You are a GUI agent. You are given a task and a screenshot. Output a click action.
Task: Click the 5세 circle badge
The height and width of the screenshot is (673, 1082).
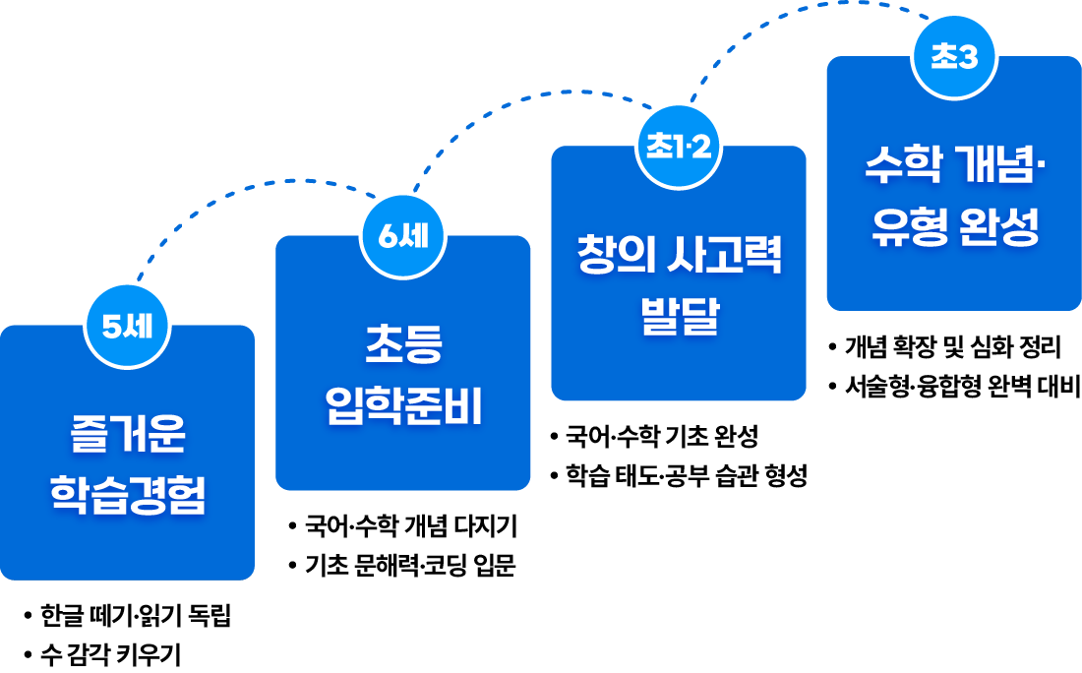127,327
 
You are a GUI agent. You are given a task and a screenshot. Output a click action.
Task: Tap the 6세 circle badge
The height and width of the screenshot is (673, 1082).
403,237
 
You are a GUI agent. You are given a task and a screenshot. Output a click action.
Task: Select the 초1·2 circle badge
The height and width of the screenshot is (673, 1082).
679,147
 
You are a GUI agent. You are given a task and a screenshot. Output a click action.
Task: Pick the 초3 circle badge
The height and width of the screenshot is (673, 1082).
955,57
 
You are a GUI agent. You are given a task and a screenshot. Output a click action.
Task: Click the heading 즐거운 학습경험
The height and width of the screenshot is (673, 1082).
128,463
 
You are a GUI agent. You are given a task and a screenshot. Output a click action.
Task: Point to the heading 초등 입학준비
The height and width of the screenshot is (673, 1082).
403,374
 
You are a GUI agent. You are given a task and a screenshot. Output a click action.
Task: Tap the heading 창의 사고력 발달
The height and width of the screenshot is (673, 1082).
680,284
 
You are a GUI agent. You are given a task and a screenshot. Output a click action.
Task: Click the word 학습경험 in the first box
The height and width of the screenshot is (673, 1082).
128,495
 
